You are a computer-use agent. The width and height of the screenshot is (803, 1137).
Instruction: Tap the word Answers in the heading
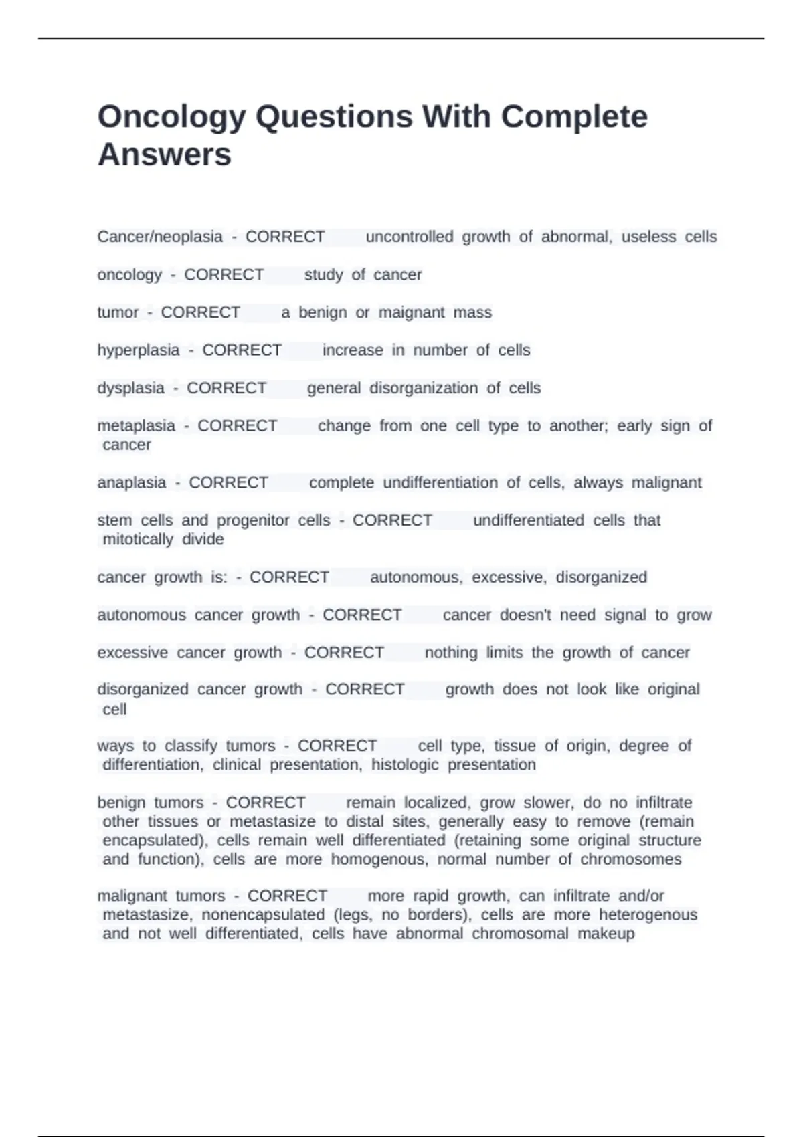[165, 155]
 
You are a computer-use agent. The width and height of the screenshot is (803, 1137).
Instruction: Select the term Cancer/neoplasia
[160, 237]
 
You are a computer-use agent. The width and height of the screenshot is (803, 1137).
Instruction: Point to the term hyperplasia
[139, 350]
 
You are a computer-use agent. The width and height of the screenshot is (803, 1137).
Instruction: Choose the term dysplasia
[130, 388]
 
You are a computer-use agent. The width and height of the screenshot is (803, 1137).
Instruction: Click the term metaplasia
[136, 426]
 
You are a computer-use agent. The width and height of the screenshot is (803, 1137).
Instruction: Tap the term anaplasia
[132, 482]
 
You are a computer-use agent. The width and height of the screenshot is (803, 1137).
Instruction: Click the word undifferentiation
[440, 482]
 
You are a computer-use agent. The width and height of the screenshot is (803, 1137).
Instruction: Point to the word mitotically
[138, 539]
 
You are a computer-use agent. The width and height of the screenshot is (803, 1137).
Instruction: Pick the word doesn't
[525, 615]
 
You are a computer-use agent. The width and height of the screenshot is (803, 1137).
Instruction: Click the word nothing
[451, 652]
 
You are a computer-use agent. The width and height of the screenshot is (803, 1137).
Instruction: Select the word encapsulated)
[155, 840]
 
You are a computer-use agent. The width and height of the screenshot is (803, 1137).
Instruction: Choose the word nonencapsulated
[263, 914]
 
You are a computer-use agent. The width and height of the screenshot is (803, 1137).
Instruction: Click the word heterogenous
[648, 914]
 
